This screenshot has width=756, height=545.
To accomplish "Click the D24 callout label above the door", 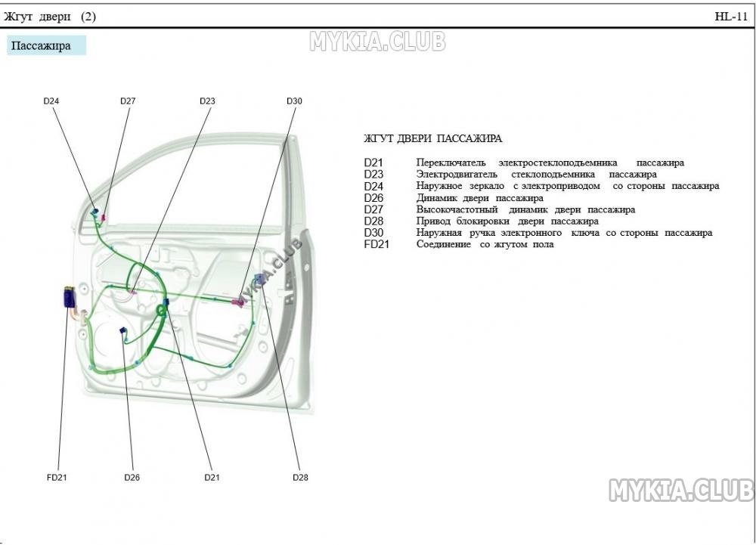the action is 51,101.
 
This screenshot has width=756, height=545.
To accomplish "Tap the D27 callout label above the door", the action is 128,101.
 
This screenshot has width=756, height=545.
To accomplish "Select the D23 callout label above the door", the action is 207,101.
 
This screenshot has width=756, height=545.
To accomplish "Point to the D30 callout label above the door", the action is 294,101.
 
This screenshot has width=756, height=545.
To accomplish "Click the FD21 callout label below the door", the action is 57,478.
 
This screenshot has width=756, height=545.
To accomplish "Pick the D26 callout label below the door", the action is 132,478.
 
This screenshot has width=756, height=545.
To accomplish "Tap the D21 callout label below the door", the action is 212,478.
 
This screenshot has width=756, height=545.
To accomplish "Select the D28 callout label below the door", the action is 300,478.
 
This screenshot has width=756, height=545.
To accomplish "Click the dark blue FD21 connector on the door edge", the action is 69,297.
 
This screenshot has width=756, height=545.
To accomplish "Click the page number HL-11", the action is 731,17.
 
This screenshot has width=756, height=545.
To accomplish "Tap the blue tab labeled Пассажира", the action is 46,46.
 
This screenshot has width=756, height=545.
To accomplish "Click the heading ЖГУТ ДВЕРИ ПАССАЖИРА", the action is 432,139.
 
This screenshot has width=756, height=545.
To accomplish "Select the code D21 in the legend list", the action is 373,163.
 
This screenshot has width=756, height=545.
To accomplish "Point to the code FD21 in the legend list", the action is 376,244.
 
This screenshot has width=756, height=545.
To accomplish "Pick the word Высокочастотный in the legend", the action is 457,209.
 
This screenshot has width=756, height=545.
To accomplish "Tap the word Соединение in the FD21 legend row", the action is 444,244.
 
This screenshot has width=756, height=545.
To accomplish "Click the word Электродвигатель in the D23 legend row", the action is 457,175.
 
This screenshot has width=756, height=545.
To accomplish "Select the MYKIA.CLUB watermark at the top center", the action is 377,42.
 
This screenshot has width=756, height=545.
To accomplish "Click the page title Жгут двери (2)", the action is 50,17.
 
